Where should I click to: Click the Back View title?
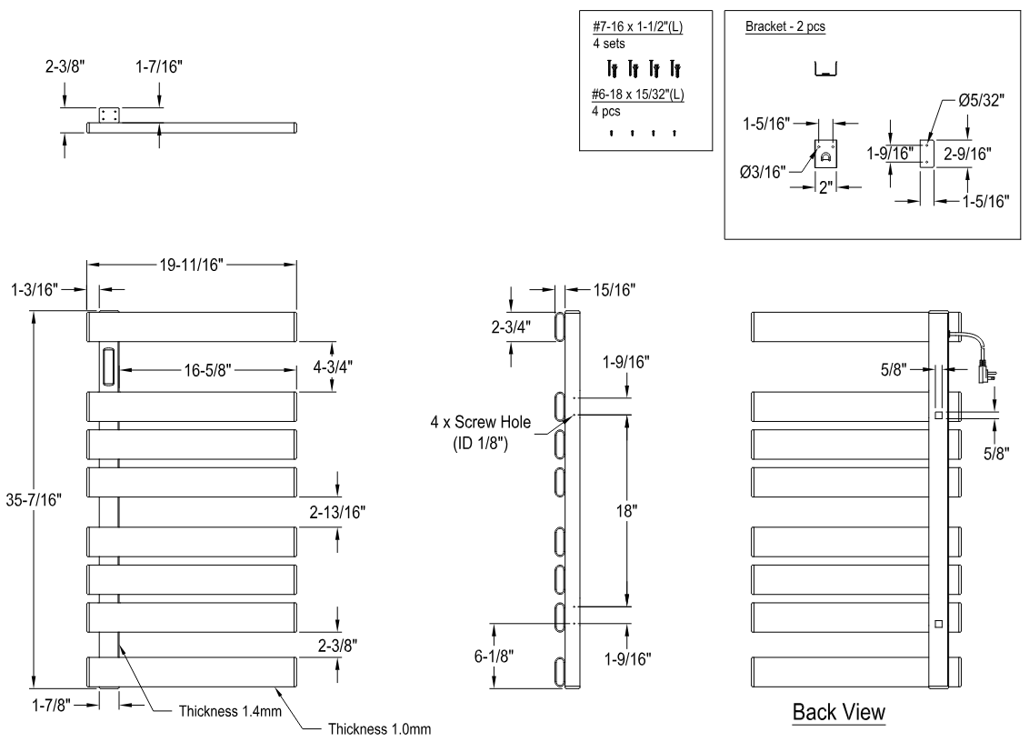(838, 712)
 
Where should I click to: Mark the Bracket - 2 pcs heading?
(784, 26)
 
